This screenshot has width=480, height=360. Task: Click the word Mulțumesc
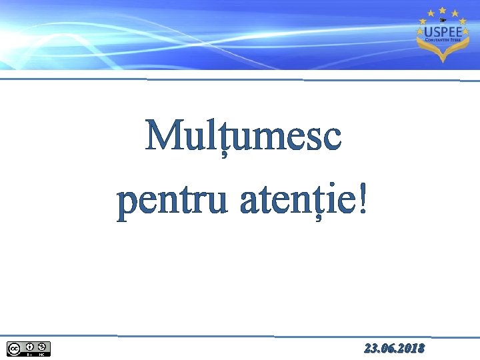[243, 137]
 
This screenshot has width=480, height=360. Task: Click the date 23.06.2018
[394, 349]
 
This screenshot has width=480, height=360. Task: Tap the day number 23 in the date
[371, 349]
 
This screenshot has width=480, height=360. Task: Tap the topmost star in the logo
[442, 11]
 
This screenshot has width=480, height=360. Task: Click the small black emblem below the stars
[442, 20]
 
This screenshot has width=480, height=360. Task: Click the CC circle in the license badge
[13, 347]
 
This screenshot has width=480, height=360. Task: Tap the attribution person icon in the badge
[29, 347]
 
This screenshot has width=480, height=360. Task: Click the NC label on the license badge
[41, 354]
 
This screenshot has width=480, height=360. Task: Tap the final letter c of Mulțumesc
[332, 139]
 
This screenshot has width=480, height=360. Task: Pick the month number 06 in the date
[389, 349]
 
